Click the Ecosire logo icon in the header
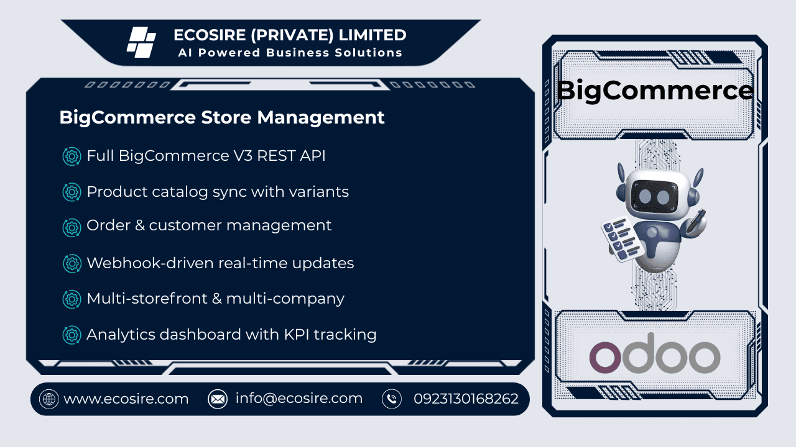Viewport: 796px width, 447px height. click(x=141, y=42)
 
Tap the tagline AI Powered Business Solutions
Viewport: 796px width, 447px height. click(x=290, y=53)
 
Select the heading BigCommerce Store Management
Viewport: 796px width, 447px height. click(x=222, y=117)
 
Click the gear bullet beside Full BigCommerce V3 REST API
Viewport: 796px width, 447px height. click(x=72, y=156)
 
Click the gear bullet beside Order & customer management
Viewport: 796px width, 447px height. click(x=72, y=227)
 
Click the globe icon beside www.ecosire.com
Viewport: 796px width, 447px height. click(x=49, y=399)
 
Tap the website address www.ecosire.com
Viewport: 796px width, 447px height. click(x=126, y=399)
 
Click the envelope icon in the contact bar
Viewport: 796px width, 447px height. click(x=218, y=399)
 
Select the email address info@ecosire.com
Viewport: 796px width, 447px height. click(x=299, y=399)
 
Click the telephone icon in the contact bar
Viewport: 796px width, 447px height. click(x=392, y=399)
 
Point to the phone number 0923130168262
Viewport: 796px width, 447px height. click(x=466, y=399)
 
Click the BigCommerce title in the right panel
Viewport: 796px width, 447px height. click(x=655, y=91)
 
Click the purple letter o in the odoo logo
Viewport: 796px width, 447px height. click(x=605, y=358)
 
